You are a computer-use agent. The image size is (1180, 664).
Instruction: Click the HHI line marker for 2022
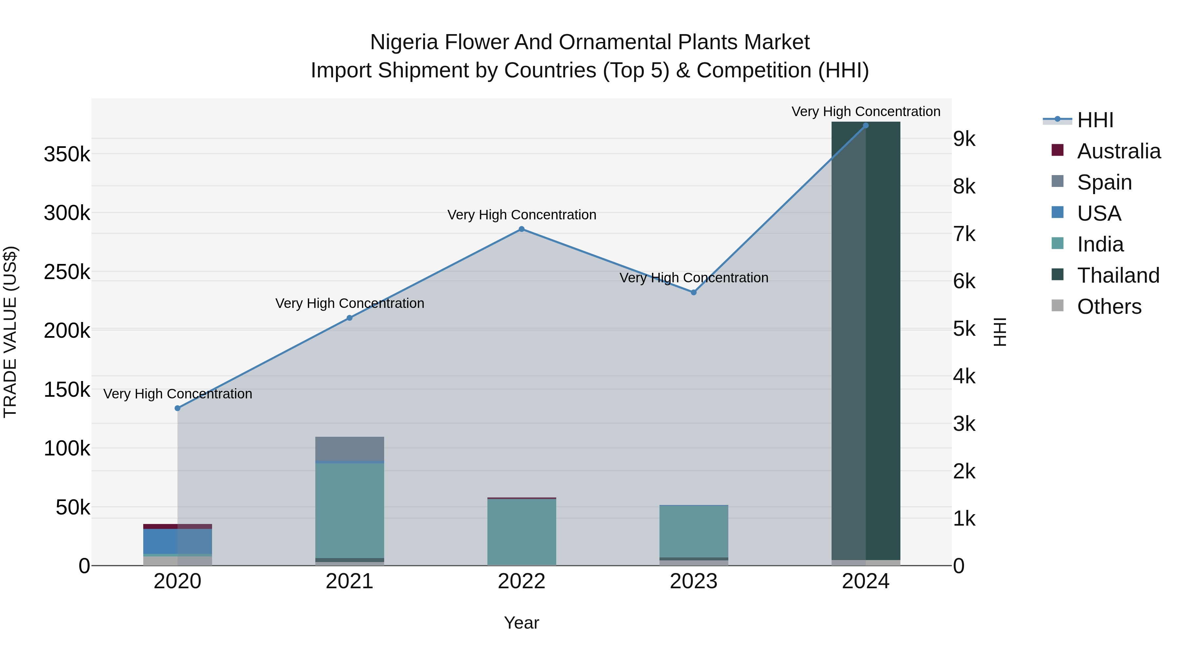[521, 229]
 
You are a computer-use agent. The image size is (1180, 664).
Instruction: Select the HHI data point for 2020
[178, 408]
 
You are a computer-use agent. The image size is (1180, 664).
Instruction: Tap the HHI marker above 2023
[694, 292]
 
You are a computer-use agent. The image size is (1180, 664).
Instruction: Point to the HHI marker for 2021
[349, 318]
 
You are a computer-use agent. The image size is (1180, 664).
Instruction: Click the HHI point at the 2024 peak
[866, 126]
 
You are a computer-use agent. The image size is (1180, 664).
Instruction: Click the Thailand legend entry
[1118, 275]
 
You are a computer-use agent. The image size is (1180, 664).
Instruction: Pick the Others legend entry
[1109, 307]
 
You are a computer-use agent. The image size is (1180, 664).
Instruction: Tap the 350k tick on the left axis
[67, 154]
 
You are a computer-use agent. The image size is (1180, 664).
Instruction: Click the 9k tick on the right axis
[964, 139]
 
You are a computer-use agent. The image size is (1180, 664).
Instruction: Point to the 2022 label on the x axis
[521, 581]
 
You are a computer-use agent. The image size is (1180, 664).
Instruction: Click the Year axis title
[521, 623]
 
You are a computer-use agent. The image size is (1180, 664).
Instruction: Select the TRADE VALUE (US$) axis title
[10, 332]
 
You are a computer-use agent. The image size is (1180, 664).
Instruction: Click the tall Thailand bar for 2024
[866, 339]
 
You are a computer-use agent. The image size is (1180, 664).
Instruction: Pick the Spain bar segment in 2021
[349, 449]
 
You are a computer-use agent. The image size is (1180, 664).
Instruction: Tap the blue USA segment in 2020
[178, 541]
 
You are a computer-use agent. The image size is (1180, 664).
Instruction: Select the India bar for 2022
[521, 532]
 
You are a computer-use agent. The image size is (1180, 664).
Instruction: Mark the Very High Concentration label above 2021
[349, 303]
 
